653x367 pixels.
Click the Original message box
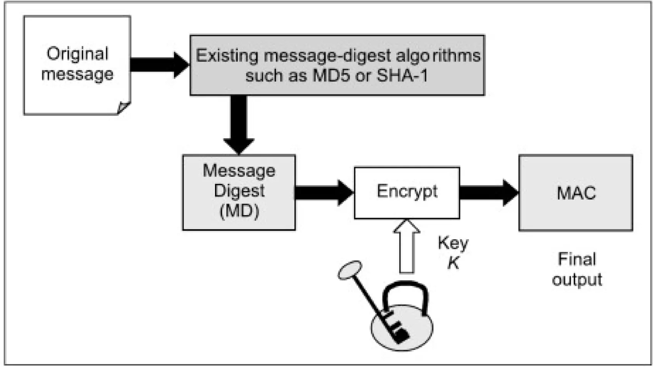(77, 65)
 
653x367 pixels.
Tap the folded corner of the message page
(123, 107)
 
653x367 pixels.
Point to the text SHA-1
(402, 76)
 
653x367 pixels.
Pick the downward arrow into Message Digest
(239, 124)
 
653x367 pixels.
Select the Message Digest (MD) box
(239, 192)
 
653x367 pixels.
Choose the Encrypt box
(407, 192)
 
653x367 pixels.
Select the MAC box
(576, 193)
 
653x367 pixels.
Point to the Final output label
(577, 269)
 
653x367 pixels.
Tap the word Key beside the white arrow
(453, 243)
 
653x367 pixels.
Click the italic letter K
(453, 263)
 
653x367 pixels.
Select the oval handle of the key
(350, 270)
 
